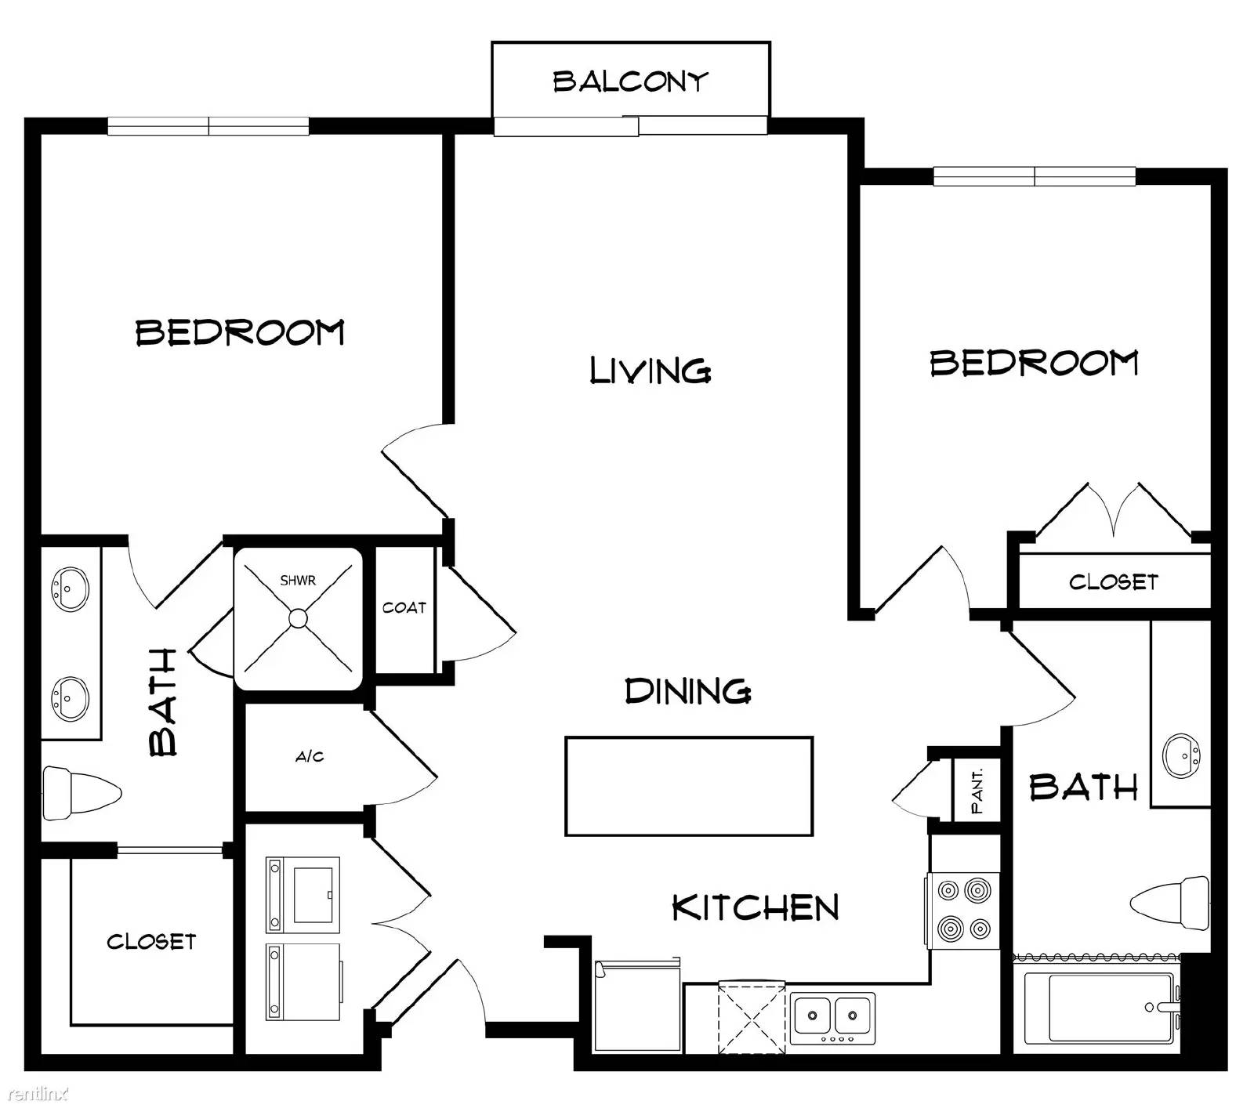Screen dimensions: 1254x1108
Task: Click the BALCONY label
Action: tap(630, 81)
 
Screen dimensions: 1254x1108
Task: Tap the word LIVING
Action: tap(651, 370)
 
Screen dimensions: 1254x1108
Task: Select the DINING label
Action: tap(688, 691)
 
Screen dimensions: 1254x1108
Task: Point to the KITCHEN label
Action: tap(756, 907)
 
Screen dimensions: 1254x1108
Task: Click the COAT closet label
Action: tap(404, 607)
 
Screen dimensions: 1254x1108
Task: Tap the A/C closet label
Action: tap(310, 757)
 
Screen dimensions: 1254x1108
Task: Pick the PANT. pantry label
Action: tap(977, 791)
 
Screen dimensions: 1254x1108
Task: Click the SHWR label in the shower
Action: tap(298, 581)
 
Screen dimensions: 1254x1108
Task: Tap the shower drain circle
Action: tap(298, 619)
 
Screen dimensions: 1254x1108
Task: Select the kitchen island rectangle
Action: tap(689, 786)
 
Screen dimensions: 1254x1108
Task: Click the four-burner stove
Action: tap(964, 911)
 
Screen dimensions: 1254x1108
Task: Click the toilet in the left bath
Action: tap(82, 793)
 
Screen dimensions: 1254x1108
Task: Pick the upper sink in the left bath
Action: tap(70, 589)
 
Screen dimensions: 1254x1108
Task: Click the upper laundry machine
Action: tap(303, 894)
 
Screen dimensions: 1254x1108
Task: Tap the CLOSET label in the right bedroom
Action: tap(1113, 582)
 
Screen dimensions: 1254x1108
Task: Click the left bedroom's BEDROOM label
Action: tap(240, 332)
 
